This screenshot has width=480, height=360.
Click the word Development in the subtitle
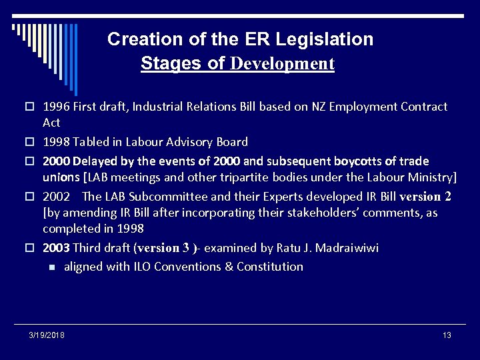pyautogui.click(x=282, y=64)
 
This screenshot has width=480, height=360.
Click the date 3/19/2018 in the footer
pyautogui.click(x=47, y=335)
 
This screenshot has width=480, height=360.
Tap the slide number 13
pyautogui.click(x=447, y=335)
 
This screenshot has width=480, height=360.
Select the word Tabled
pyautogui.click(x=92, y=142)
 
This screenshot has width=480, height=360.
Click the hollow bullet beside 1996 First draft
pyautogui.click(x=31, y=107)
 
